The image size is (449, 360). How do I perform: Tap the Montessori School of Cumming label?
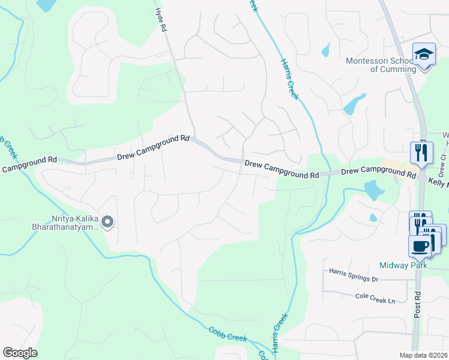(x=381, y=65)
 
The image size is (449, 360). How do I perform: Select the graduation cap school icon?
(x=424, y=56)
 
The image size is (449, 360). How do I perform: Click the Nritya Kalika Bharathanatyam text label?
(x=65, y=223)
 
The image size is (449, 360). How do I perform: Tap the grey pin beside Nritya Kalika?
(x=107, y=223)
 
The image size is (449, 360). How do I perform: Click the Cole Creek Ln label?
(x=376, y=296)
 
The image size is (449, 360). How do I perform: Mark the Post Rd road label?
(x=418, y=304)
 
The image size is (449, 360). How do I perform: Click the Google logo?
(x=20, y=353)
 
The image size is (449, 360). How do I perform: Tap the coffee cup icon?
(x=420, y=246)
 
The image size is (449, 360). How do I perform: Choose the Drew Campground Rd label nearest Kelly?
(x=379, y=172)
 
